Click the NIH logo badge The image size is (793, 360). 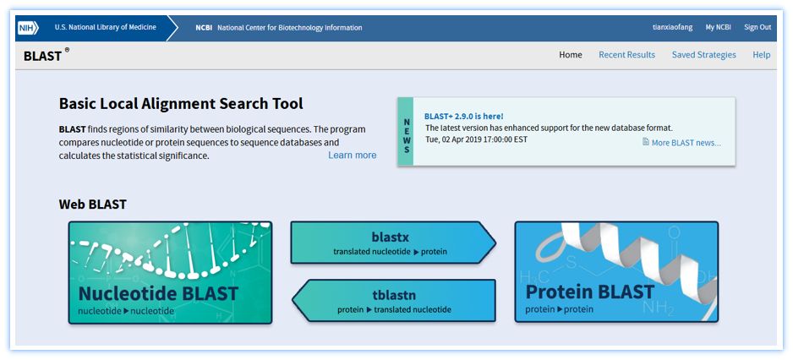[x=29, y=28]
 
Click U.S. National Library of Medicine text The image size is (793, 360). [x=105, y=27]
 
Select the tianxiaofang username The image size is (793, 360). [x=673, y=27]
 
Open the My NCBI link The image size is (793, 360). [x=718, y=27]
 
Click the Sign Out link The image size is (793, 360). [x=757, y=27]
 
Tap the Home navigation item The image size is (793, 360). [x=571, y=55]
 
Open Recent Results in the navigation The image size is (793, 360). [x=626, y=55]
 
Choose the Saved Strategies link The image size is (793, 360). [x=704, y=55]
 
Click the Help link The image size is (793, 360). [x=762, y=55]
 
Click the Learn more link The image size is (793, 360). [x=352, y=155]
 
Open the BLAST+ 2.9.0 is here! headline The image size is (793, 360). [x=464, y=117]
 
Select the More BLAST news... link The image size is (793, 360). [x=681, y=143]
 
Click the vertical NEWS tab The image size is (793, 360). [x=406, y=132]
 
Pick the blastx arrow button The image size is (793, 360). [x=393, y=243]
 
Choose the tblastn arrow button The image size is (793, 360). [x=394, y=300]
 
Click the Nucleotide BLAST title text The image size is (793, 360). [x=158, y=292]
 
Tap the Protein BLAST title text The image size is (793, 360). [x=590, y=292]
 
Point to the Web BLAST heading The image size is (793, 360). [x=92, y=205]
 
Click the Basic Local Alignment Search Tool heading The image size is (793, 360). [x=181, y=104]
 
